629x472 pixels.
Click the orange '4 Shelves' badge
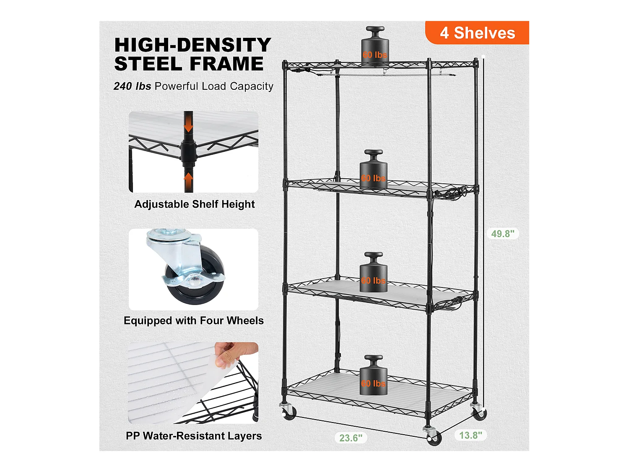pos(477,32)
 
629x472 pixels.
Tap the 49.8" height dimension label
pos(503,234)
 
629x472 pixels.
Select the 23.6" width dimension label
pos(351,438)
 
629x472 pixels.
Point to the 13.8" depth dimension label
pos(470,435)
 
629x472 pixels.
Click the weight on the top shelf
pos(375,46)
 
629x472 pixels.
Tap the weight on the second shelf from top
pos(373,170)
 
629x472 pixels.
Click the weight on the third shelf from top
pos(373,272)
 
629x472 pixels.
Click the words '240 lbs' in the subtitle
pos(132,86)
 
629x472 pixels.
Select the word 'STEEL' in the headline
pos(148,64)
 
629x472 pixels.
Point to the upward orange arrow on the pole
pos(188,180)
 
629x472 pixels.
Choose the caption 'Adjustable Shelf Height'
pos(194,204)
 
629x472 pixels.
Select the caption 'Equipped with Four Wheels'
pos(194,321)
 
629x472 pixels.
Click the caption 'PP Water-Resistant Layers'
pos(194,435)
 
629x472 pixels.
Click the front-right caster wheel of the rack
pos(434,438)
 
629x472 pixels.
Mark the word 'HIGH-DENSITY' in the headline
pos(192,45)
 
